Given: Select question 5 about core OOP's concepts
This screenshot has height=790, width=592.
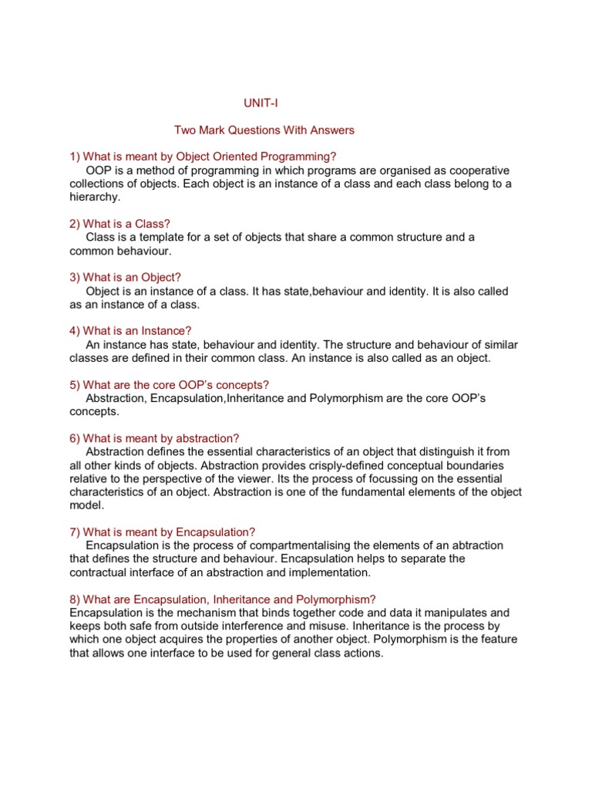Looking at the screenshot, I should (x=169, y=384).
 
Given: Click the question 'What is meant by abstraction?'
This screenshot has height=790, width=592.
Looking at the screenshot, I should (x=154, y=438).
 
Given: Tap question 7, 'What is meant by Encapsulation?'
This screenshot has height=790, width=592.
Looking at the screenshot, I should (x=162, y=532).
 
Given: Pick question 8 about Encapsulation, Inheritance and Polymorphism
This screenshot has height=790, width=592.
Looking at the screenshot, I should (x=222, y=599).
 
